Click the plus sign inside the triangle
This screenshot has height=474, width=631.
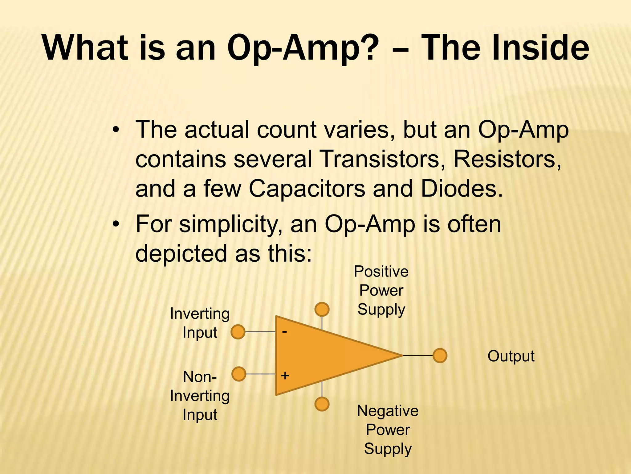[285, 376]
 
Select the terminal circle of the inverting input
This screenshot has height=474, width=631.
[238, 332]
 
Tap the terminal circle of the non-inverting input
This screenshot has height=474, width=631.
[238, 374]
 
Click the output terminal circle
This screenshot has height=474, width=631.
[440, 355]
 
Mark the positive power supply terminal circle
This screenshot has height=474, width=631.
[322, 309]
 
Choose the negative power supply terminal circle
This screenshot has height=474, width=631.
[322, 404]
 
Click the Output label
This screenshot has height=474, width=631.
[511, 356]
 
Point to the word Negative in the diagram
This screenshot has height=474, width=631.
[388, 411]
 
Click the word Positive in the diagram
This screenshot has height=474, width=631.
[381, 272]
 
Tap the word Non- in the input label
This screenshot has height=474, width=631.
[200, 377]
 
